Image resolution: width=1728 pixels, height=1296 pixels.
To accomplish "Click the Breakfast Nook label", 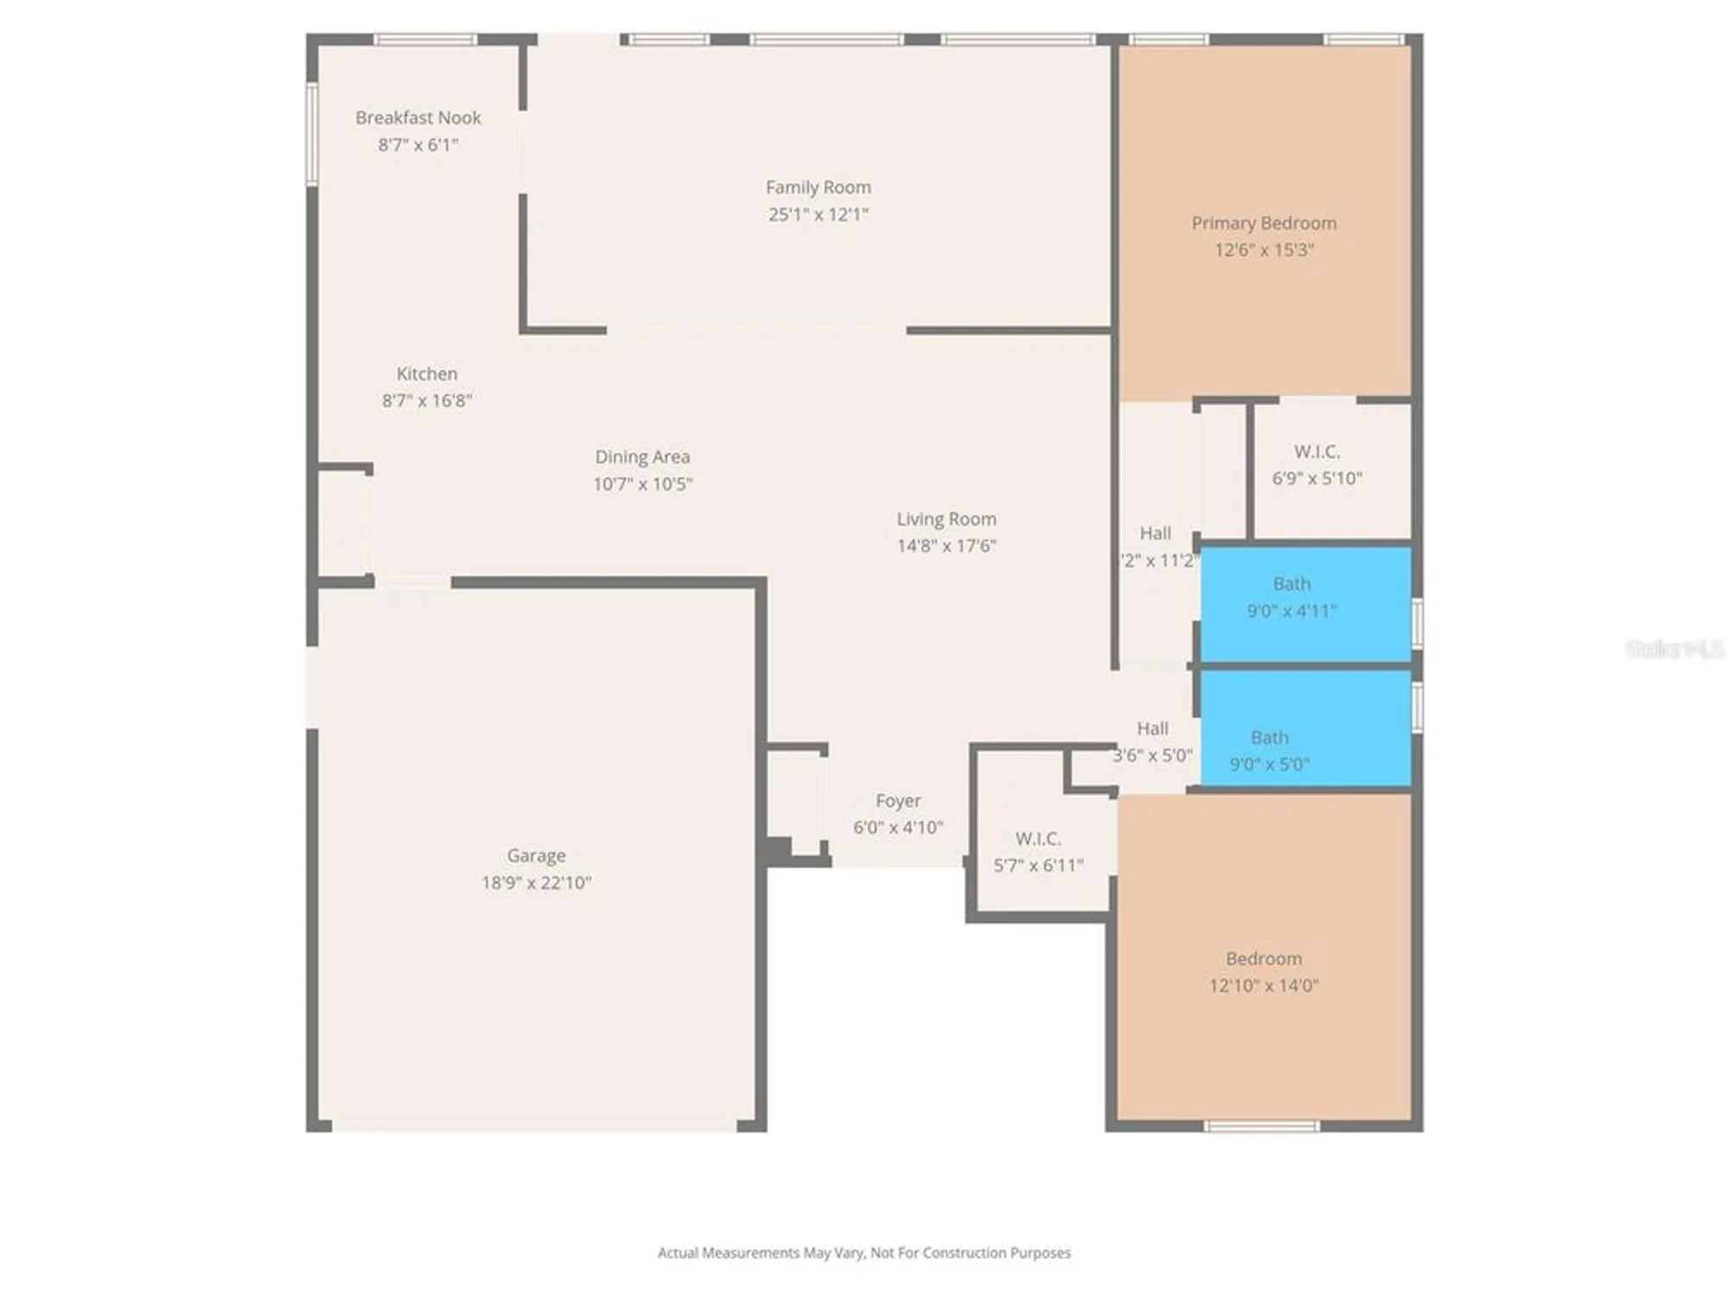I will click(418, 118).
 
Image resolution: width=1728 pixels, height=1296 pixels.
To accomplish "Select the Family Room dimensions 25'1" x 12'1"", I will click(817, 214).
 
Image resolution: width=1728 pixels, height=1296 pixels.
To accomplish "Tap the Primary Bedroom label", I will click(1263, 223).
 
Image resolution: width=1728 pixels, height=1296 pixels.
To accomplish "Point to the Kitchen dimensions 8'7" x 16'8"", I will click(427, 400).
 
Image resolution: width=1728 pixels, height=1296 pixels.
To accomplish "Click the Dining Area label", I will click(642, 456).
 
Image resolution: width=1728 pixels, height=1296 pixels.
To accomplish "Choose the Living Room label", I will click(946, 518).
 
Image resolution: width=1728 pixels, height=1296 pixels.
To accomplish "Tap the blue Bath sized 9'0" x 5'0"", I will click(1269, 750).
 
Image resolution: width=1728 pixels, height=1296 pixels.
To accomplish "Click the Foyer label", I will click(898, 800).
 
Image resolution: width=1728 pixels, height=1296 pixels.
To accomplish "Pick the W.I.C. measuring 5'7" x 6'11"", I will click(1038, 851).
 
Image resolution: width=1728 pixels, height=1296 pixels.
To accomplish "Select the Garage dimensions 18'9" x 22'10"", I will click(536, 882).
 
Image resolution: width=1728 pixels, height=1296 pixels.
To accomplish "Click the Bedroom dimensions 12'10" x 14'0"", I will click(1263, 985).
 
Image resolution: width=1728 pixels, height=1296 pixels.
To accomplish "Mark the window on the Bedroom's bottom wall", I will click(1261, 1126).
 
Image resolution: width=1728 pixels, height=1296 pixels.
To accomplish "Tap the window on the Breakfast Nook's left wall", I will click(312, 134).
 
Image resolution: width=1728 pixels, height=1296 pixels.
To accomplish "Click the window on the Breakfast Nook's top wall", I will click(425, 40).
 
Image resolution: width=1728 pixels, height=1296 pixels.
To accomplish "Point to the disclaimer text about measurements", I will click(864, 1252).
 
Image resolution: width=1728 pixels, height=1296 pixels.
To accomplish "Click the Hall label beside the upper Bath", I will click(1155, 532).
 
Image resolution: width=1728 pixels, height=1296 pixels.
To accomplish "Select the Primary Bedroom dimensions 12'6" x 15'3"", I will click(1263, 250).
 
